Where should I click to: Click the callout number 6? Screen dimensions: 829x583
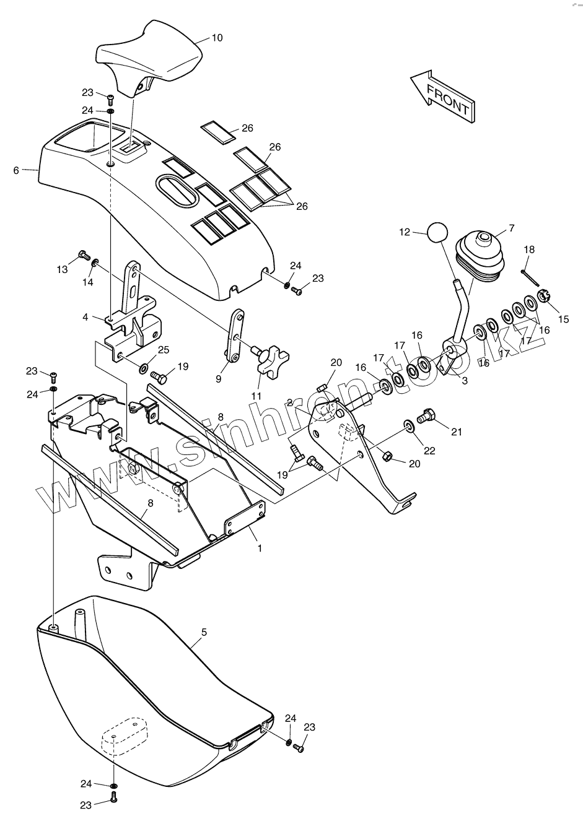16,170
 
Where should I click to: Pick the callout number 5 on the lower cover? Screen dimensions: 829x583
204,632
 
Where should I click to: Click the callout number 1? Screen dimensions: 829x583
260,548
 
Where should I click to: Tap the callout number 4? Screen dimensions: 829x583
85,318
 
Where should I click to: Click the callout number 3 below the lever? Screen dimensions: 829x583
465,381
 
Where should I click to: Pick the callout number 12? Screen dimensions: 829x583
405,232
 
